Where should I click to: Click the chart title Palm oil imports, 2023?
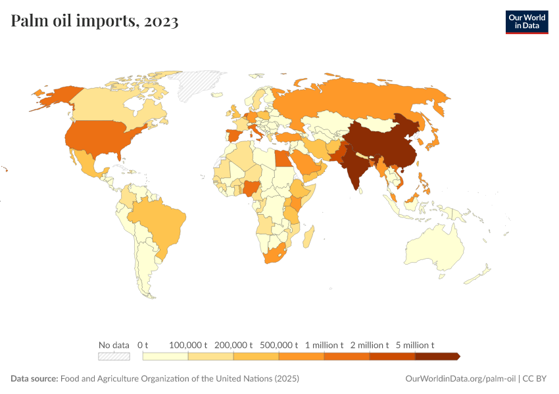(95, 22)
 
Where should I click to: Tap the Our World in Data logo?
(526, 22)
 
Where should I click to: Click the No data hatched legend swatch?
(114, 356)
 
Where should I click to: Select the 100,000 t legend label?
(188, 345)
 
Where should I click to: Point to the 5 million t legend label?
(415, 345)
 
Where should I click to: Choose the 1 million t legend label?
(324, 345)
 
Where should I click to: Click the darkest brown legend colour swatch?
(437, 356)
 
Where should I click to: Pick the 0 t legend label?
(143, 345)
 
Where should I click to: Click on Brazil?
(158, 220)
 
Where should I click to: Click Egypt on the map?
(281, 159)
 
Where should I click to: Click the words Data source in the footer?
(34, 379)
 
